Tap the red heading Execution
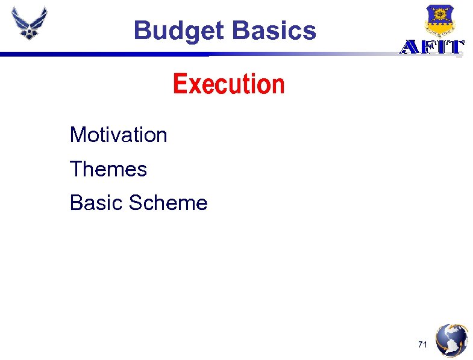coord(228,84)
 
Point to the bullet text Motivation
coord(118,135)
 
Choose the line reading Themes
coord(108,169)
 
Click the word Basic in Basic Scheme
coord(96,203)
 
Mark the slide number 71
coord(422,344)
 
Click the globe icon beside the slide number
coord(451,341)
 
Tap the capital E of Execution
coord(179,84)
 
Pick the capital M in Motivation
coord(77,135)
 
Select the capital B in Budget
coord(142,30)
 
